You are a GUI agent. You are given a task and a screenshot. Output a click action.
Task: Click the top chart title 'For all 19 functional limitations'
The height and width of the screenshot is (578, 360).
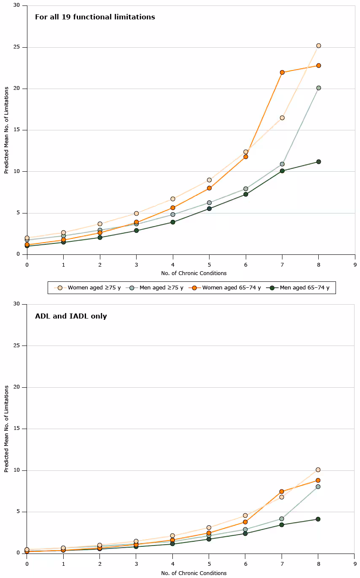[x=95, y=17]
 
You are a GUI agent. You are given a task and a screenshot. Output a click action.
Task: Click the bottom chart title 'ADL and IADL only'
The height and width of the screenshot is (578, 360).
[x=71, y=316]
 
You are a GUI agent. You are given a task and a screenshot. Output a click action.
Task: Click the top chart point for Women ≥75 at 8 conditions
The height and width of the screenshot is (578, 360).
[x=319, y=46]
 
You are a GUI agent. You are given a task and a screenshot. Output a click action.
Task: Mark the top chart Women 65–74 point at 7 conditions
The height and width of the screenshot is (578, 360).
[x=282, y=72]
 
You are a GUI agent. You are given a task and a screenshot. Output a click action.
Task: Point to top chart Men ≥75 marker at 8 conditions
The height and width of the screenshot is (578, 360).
[x=319, y=88]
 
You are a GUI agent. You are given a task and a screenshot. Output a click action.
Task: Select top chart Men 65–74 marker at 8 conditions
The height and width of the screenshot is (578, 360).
[x=319, y=162]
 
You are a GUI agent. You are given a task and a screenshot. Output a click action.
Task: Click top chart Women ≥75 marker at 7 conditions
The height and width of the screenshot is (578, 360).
[x=282, y=118]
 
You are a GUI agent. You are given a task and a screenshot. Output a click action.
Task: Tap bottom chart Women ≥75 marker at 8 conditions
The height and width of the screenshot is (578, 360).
[x=318, y=470]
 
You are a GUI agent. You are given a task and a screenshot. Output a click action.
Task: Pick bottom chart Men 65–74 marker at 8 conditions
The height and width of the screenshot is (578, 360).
[x=318, y=519]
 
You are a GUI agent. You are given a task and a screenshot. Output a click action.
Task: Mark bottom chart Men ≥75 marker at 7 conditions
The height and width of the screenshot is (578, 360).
[x=282, y=519]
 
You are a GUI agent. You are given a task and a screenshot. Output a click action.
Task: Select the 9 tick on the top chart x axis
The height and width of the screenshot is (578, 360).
[x=355, y=265]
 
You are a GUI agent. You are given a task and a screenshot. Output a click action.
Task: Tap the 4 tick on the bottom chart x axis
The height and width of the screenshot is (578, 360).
[x=173, y=563]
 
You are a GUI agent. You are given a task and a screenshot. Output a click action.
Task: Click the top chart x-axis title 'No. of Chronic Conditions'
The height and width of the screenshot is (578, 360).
[x=193, y=273]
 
